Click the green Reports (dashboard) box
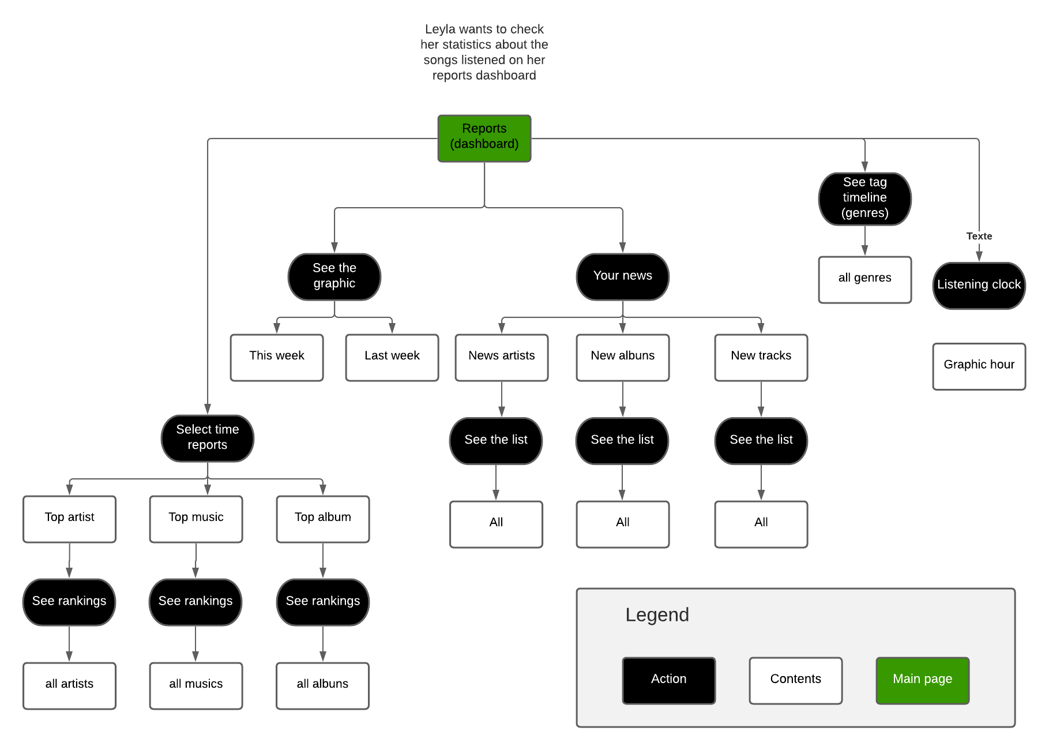tap(484, 138)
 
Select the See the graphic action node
tap(334, 276)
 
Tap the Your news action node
tap(622, 276)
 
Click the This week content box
tap(276, 357)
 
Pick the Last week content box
tap(392, 357)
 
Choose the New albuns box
tap(622, 357)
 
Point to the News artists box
tap(501, 357)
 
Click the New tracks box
tap(761, 357)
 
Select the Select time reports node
tap(207, 438)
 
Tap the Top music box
tap(195, 519)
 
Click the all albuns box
tap(322, 685)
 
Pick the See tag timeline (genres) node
tap(864, 198)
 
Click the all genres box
tap(864, 279)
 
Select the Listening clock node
tap(979, 285)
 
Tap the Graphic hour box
tap(979, 366)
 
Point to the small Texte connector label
tap(979, 236)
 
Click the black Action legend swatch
tap(668, 680)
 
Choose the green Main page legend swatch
tap(922, 680)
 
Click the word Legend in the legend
tap(657, 614)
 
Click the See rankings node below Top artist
tap(69, 602)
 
